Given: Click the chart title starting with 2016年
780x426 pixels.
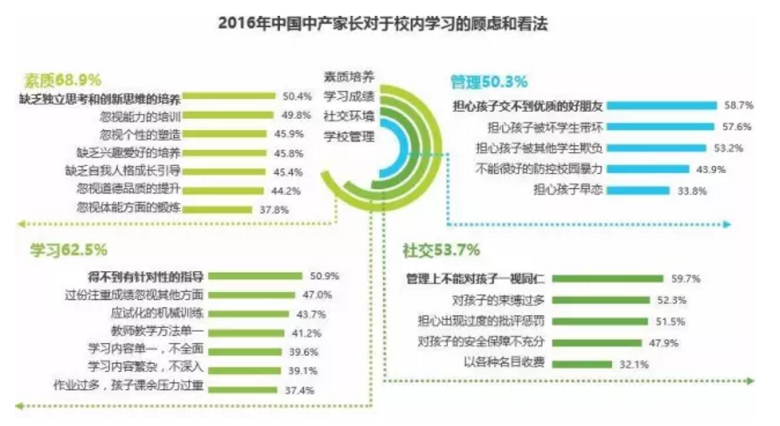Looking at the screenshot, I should [x=389, y=21].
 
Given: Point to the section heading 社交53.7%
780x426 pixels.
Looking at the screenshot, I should [x=441, y=250].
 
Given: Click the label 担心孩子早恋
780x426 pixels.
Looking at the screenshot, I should [x=568, y=189].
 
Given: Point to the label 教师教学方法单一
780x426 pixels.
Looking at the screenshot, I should [x=165, y=332].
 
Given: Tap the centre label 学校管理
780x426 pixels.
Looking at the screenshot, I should [x=348, y=136].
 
